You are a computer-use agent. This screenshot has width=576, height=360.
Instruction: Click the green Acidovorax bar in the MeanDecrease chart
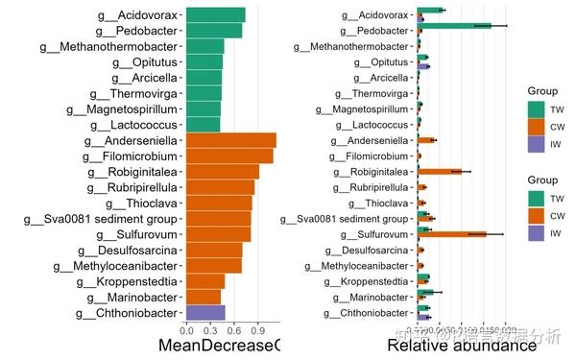(x=215, y=14)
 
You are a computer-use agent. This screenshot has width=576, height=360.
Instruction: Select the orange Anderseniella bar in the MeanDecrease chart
(x=230, y=140)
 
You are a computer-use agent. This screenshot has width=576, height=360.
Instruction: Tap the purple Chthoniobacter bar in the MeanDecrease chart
(x=204, y=312)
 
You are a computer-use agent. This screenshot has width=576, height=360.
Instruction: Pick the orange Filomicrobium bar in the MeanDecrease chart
(x=228, y=156)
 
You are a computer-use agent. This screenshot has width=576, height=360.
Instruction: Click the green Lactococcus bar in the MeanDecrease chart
(x=203, y=124)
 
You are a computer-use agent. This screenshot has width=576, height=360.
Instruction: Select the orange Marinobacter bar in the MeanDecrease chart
(x=204, y=297)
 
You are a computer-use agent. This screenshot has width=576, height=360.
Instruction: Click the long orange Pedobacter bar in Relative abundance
(x=454, y=26)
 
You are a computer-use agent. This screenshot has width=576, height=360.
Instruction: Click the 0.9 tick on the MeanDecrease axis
(x=256, y=331)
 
